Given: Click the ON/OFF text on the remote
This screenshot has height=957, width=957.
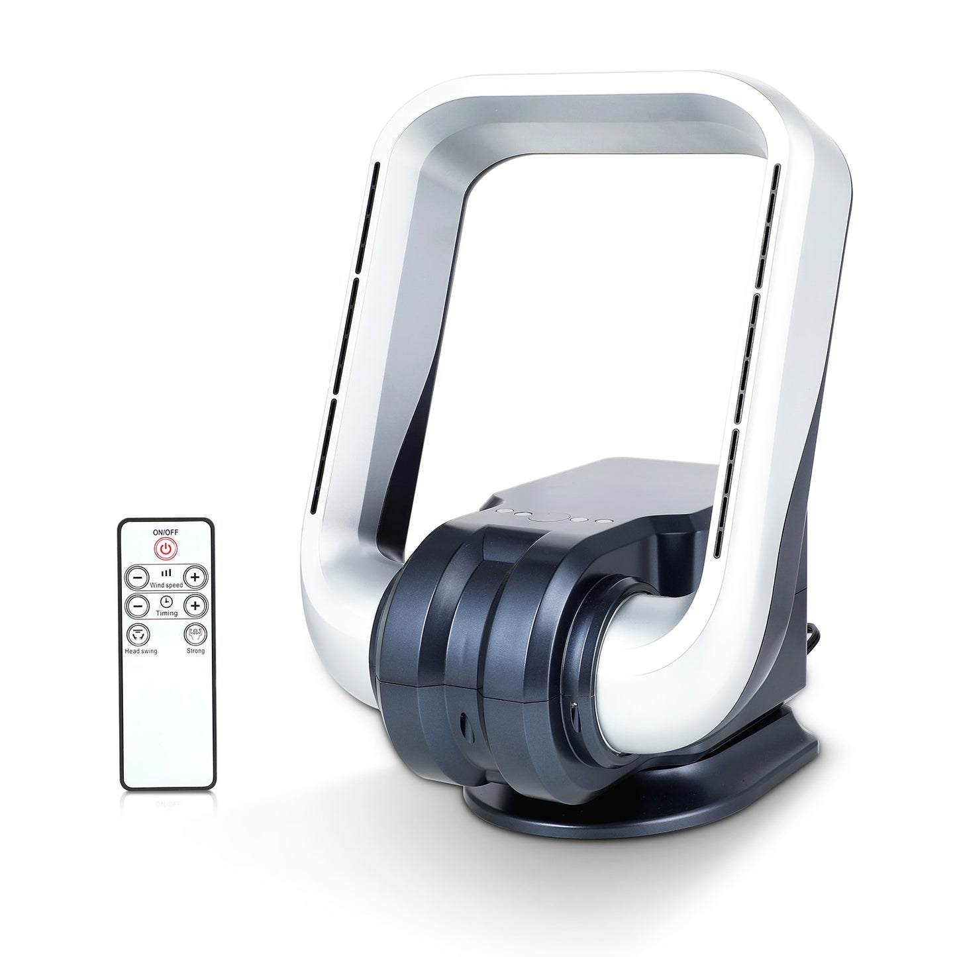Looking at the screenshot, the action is coord(166,532).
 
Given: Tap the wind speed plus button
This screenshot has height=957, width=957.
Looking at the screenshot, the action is coord(195,577).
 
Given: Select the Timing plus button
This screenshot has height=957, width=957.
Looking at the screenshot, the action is coord(195,606).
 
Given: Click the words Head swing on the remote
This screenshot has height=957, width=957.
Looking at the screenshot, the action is coord(141,651).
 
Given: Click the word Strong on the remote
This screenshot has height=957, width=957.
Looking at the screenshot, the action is coord(195,650).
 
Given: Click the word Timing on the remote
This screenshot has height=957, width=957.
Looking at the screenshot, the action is coord(166,613).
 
